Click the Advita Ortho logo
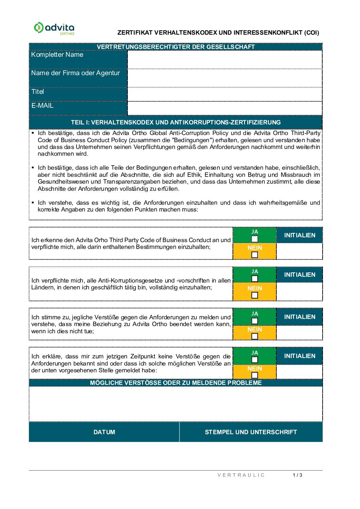pyautogui.click(x=54, y=28)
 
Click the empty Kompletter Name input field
pyautogui.click(x=225, y=60)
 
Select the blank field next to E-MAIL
pyautogui.click(x=225, y=108)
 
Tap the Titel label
pyautogui.click(x=38, y=92)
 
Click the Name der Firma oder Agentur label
pyautogui.click(x=75, y=73)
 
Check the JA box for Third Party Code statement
pyautogui.click(x=255, y=239)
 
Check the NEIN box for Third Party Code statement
pyautogui.click(x=255, y=255)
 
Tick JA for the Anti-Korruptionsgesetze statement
pyautogui.click(x=255, y=279)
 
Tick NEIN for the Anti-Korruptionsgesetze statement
pyautogui.click(x=255, y=295)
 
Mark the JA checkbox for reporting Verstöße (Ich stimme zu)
pyautogui.click(x=255, y=321)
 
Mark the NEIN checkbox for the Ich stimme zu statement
pyautogui.click(x=255, y=336)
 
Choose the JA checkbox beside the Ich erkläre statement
pyautogui.click(x=255, y=360)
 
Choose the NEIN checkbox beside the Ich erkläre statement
pyautogui.click(x=255, y=375)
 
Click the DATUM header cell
pyautogui.click(x=104, y=432)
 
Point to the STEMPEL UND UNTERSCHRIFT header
pyautogui.click(x=251, y=432)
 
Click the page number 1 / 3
pyautogui.click(x=297, y=475)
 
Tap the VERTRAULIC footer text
pyautogui.click(x=241, y=475)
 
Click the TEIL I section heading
pyautogui.click(x=176, y=122)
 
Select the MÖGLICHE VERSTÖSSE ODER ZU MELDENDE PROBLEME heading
pyautogui.click(x=176, y=383)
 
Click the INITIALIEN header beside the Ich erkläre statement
pyautogui.click(x=299, y=356)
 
